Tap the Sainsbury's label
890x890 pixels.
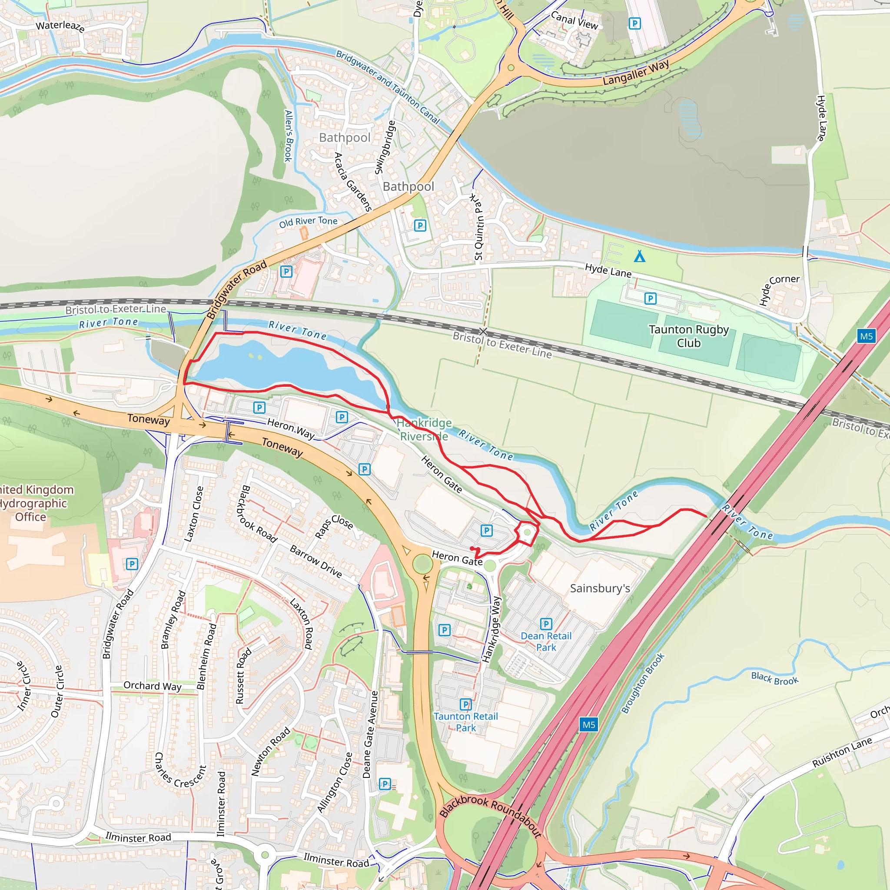pos(600,588)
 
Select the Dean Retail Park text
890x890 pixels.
pos(546,641)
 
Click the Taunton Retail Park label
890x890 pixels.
pos(466,722)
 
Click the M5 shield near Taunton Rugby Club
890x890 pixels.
pos(866,336)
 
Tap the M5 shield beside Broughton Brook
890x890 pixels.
pos(589,724)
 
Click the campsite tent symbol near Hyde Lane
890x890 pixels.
pos(639,256)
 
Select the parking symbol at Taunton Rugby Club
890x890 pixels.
pos(650,299)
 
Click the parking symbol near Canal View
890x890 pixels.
pos(634,23)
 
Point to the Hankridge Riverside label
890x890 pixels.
pos(424,429)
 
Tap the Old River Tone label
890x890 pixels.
pos(308,222)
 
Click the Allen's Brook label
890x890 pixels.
pos(289,136)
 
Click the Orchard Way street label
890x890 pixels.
pos(153,686)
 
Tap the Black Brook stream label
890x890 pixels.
pos(775,678)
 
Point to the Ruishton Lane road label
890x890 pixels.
pos(842,752)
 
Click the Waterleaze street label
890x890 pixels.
pos(60,26)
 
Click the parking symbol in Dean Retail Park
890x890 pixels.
pos(546,624)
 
